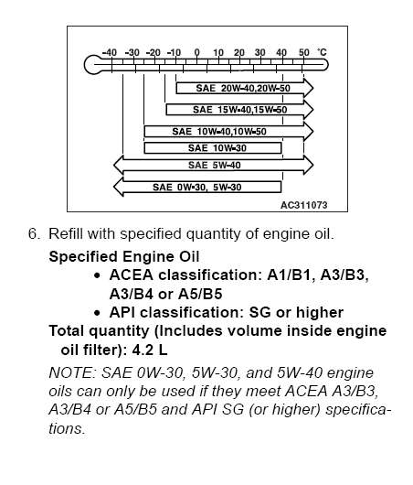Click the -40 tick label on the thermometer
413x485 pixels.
(x=110, y=52)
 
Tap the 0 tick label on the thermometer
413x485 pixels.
(x=196, y=52)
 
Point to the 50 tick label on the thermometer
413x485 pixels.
(x=304, y=52)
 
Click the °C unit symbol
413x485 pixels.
(x=322, y=52)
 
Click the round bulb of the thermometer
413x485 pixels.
(x=92, y=65)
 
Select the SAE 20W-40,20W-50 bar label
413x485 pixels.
(x=243, y=89)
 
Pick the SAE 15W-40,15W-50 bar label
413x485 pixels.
(x=240, y=110)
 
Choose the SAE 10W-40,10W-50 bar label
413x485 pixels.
(x=219, y=132)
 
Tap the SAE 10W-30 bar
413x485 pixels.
(x=213, y=148)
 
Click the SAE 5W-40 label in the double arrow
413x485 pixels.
(x=215, y=165)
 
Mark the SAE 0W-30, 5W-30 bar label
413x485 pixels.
(x=197, y=187)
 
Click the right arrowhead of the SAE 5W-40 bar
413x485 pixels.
(x=309, y=165)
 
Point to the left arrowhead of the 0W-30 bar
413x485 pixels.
(x=118, y=187)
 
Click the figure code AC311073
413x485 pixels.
(x=304, y=205)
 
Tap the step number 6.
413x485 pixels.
(x=34, y=233)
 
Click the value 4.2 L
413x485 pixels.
(x=150, y=350)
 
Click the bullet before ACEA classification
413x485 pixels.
(x=97, y=275)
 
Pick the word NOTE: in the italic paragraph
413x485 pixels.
(x=72, y=372)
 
